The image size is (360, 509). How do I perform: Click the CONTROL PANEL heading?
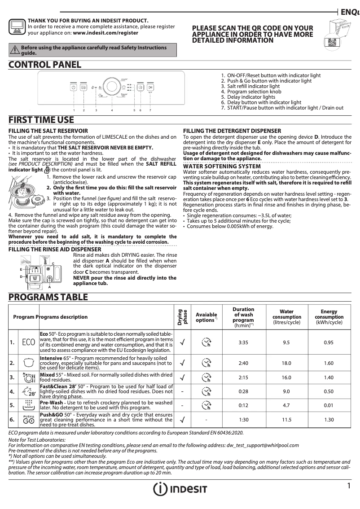(45, 65)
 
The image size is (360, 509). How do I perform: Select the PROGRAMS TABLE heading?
(48, 297)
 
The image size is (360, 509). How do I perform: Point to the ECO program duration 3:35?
(244, 342)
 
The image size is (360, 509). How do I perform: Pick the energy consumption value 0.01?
(329, 405)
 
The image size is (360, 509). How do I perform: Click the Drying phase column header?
(183, 316)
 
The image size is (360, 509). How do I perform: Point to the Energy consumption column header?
(329, 316)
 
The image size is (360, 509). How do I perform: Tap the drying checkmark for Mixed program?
(182, 377)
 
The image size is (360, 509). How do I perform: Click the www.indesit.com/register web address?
(105, 33)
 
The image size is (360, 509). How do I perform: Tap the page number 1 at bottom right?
(348, 486)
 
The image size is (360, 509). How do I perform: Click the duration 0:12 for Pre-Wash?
(244, 405)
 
